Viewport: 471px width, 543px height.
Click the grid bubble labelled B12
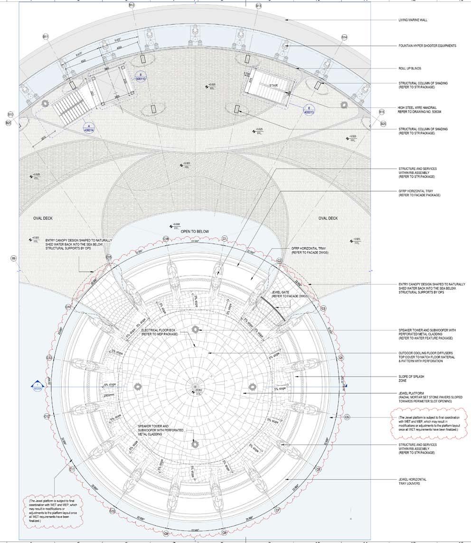click(132, 5)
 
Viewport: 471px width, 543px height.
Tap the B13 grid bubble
click(258, 6)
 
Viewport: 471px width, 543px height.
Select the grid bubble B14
click(344, 37)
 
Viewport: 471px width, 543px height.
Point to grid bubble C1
click(225, 238)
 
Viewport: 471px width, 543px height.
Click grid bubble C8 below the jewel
click(224, 533)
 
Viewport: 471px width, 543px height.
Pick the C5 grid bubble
click(347, 417)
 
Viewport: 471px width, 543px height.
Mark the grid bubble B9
click(13, 258)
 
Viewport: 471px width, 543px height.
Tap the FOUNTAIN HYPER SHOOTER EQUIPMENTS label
click(427, 46)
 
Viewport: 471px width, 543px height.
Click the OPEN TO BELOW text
click(195, 232)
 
